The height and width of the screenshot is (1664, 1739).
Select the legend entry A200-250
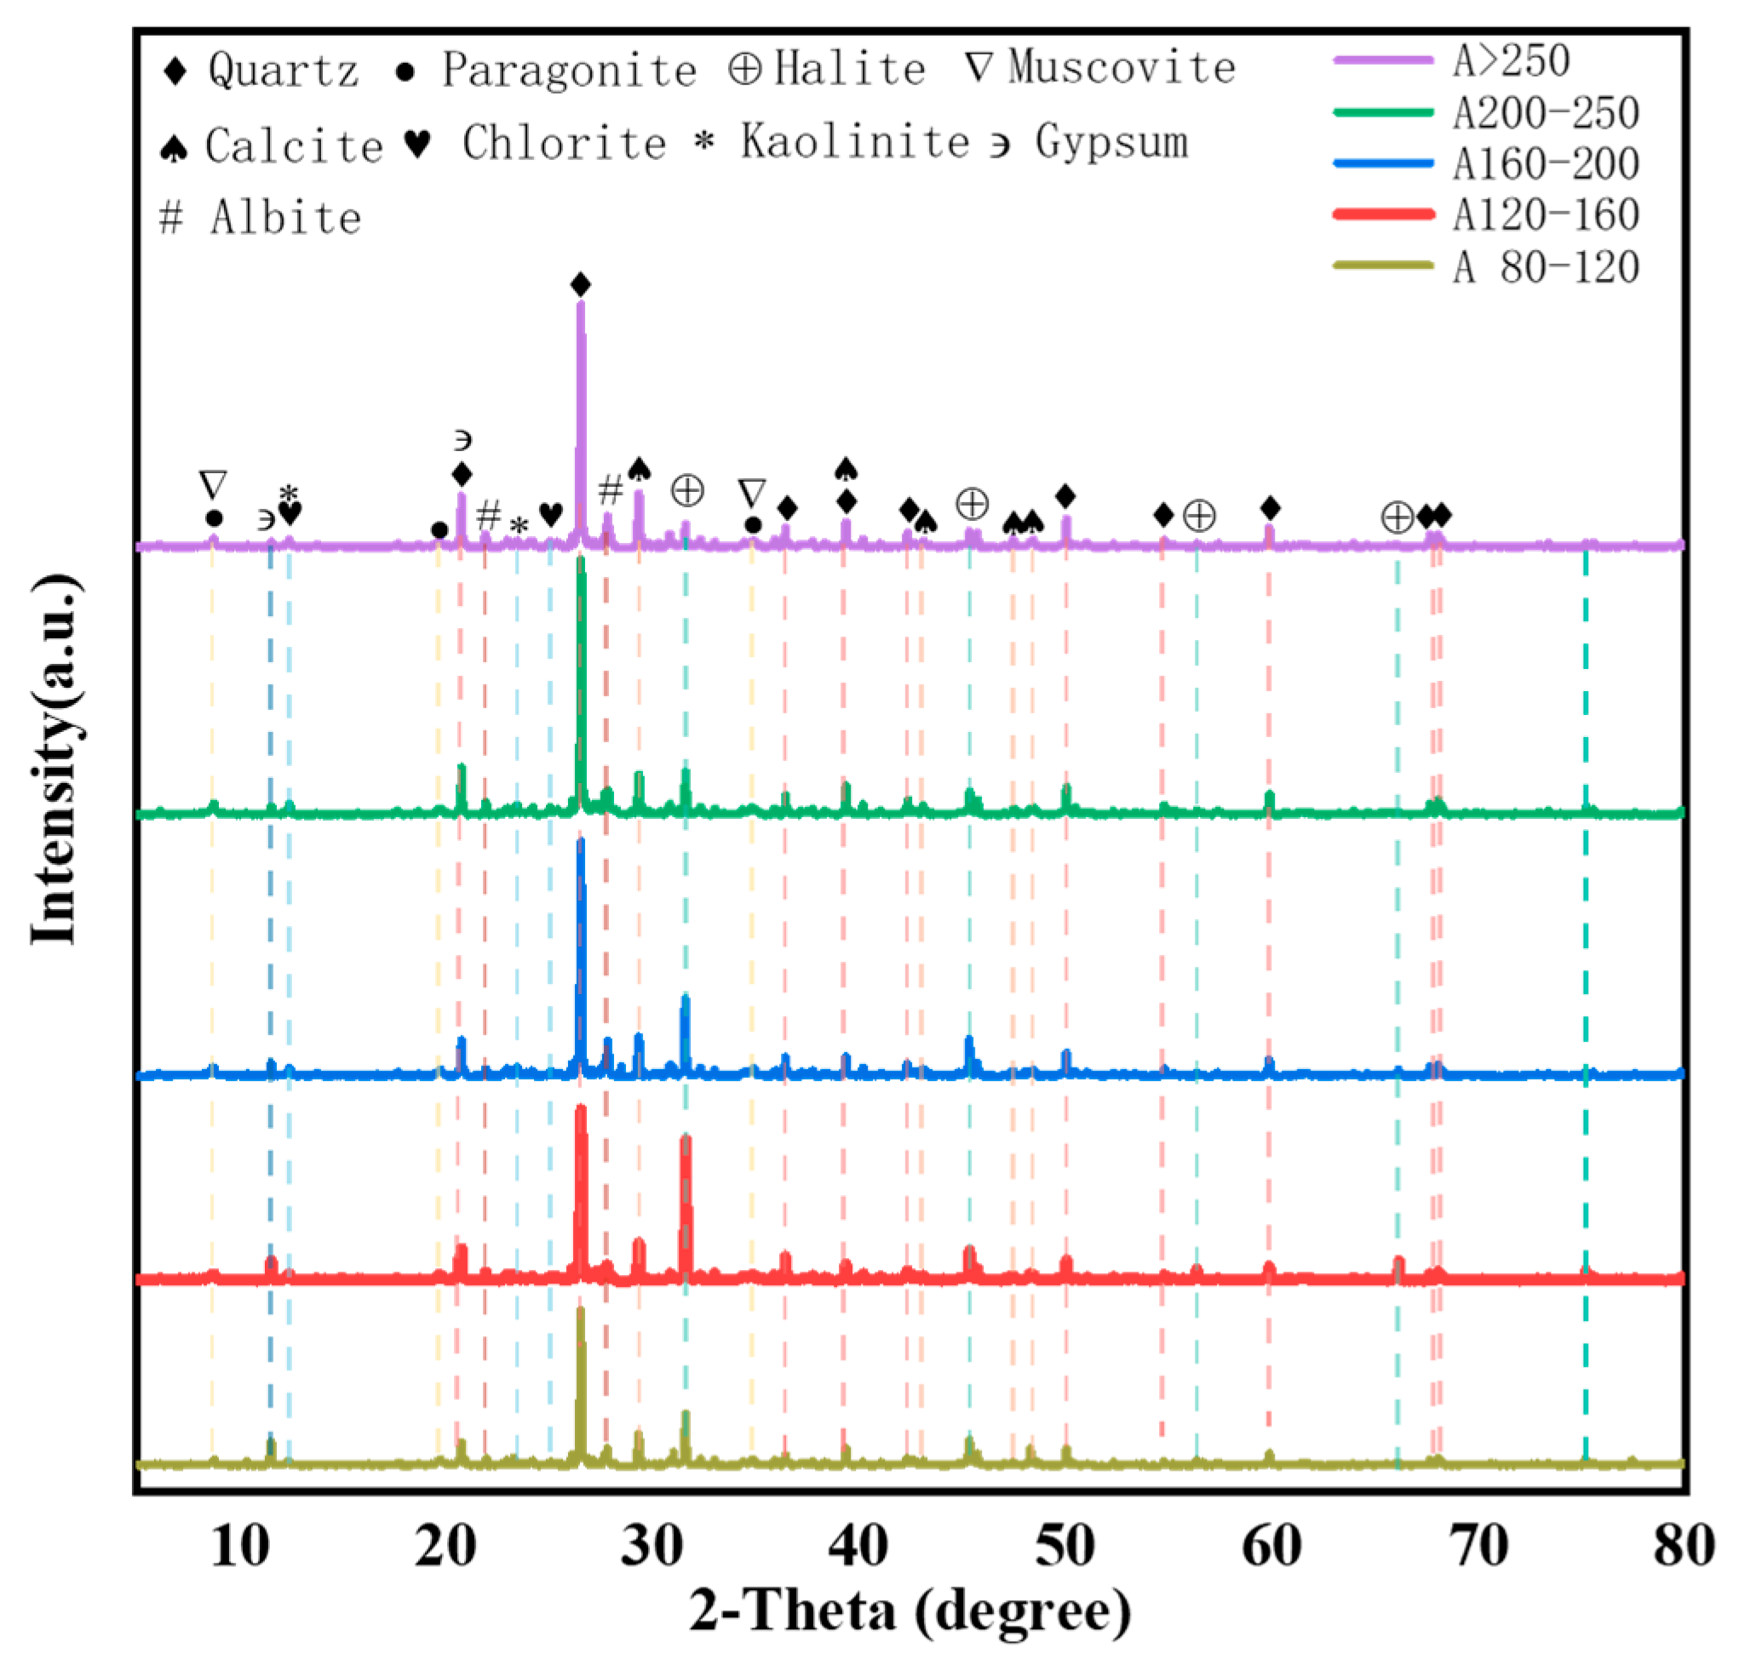[1545, 112]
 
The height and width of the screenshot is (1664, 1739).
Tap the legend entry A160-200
[1545, 164]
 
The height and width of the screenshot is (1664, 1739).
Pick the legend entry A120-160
[1545, 214]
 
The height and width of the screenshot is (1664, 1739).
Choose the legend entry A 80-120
[1545, 267]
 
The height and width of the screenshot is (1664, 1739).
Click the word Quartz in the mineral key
[283, 70]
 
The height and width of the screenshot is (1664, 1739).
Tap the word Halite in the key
[849, 68]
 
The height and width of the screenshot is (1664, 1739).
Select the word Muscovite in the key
[1122, 67]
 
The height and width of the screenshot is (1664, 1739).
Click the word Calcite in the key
[294, 146]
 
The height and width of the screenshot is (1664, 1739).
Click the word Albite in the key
[285, 218]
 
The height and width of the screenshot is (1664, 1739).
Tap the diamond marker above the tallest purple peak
[580, 286]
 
